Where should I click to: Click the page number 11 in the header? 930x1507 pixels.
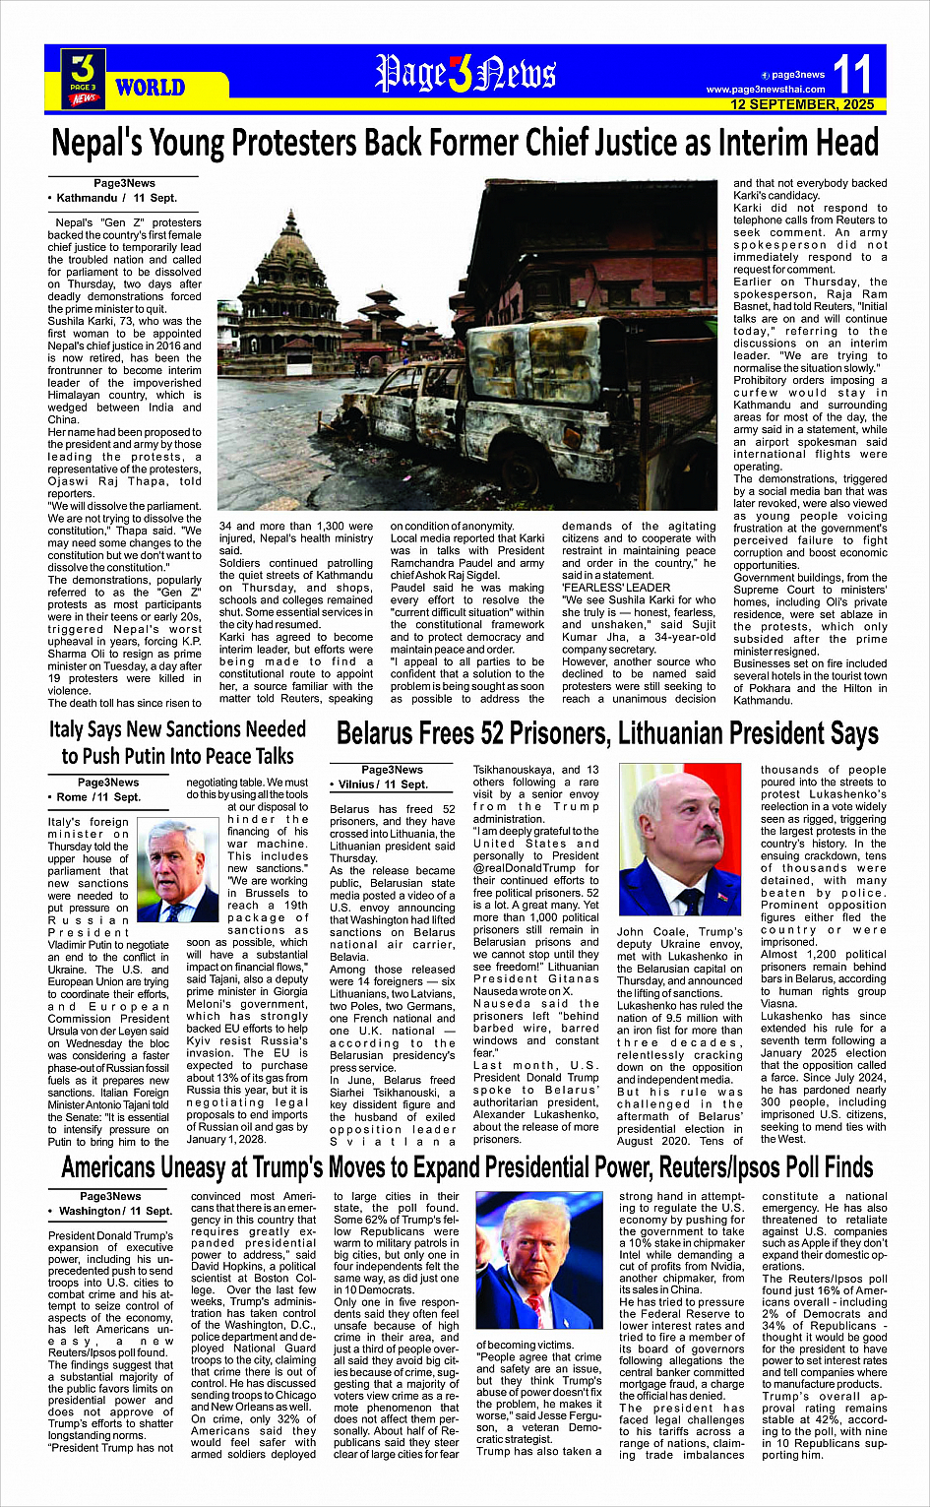(x=852, y=74)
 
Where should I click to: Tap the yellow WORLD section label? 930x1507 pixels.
(x=150, y=88)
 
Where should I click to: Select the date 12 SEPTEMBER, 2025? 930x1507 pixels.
(x=801, y=104)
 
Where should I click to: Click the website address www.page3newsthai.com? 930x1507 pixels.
(x=765, y=90)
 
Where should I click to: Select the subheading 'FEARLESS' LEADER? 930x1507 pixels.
(x=615, y=588)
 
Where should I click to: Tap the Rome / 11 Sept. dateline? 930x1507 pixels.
(x=99, y=797)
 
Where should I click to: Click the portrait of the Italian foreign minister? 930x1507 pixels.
(x=178, y=872)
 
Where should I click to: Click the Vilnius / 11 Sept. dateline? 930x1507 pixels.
(x=384, y=785)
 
